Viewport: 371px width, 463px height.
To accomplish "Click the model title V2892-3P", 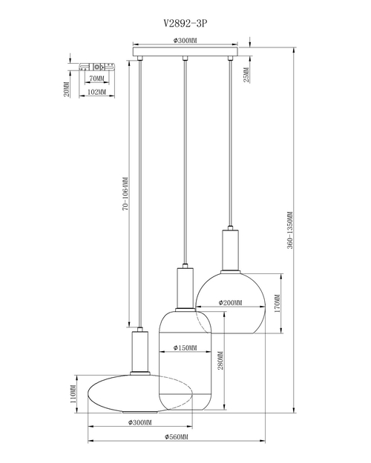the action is [x=185, y=23].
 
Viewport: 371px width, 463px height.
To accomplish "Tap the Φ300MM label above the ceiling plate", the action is [x=185, y=41].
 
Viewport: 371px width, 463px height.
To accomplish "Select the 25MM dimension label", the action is [x=246, y=75].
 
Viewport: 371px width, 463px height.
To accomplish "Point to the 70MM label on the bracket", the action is [x=96, y=79].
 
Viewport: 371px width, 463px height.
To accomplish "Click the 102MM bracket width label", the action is [x=96, y=92].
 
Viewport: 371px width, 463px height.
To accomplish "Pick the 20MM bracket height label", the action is [x=67, y=89].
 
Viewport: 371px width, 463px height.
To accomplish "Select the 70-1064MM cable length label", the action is [x=125, y=193].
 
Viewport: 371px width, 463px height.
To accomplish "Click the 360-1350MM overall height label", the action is [x=290, y=230].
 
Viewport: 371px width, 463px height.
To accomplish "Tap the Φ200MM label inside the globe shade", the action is [x=230, y=303].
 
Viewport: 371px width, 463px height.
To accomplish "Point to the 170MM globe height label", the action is [x=278, y=304].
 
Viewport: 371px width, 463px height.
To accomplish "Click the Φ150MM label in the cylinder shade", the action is [x=185, y=348].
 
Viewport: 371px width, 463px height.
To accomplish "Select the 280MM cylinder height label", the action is [x=220, y=360].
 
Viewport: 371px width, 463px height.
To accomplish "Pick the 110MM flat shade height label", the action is [x=73, y=394].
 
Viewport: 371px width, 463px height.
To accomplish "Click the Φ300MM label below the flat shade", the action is [x=140, y=422].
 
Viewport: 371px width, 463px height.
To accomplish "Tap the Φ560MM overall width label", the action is [x=177, y=437].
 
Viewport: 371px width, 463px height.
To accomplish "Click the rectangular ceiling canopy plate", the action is [x=185, y=51].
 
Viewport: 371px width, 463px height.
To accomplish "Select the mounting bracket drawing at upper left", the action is [x=96, y=67].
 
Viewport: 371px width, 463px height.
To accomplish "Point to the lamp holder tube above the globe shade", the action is [x=231, y=250].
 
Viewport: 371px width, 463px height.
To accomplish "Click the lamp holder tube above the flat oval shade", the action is [x=140, y=351].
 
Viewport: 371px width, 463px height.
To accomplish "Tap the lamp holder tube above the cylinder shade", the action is [x=185, y=288].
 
